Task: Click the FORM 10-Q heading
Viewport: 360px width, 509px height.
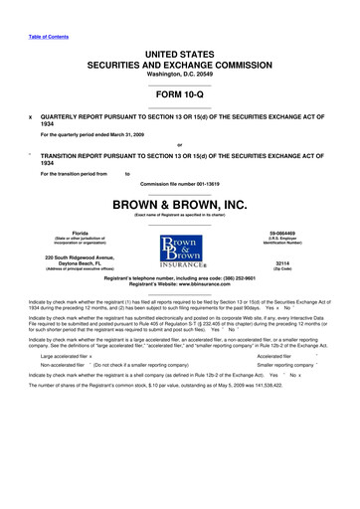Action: [180, 95]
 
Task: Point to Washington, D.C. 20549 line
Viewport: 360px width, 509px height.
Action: [180, 76]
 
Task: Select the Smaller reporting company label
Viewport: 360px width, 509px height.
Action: [284, 366]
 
